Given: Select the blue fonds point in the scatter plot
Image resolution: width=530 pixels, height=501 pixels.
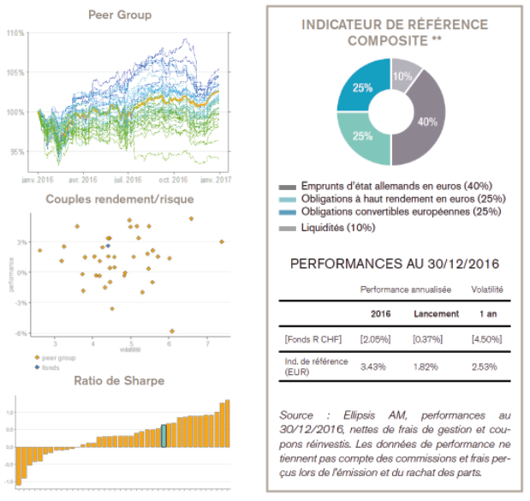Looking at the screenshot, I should coord(108,246).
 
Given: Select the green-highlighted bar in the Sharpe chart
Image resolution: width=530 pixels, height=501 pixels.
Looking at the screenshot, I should coord(163,435).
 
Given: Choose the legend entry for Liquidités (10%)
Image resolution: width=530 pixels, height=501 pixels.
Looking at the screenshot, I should coord(327,228).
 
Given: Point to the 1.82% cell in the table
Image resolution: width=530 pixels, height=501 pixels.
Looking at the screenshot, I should coord(430,367).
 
